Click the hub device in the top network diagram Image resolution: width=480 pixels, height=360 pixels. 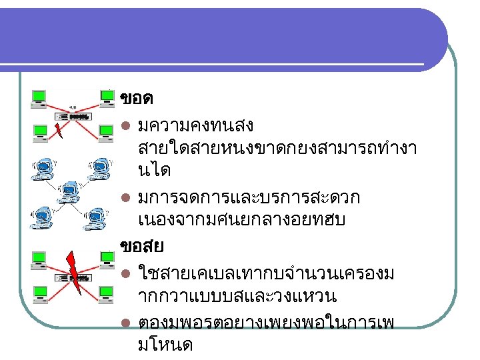(73, 115)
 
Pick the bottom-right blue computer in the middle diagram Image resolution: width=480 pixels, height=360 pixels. (96, 219)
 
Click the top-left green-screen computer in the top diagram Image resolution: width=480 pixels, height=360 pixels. (39, 98)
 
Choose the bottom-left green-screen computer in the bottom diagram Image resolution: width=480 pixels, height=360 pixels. (39, 293)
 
